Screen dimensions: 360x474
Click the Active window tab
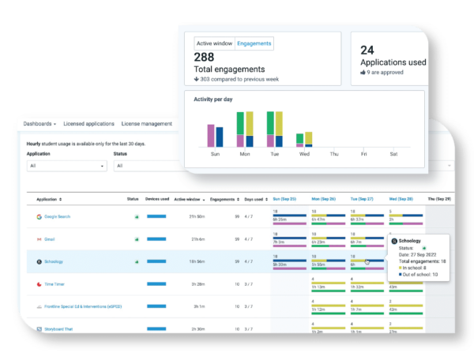(x=214, y=43)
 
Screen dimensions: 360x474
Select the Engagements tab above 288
(x=254, y=43)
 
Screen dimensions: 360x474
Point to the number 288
(x=205, y=58)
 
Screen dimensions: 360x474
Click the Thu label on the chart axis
(x=333, y=155)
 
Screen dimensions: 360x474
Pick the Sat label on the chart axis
(x=393, y=155)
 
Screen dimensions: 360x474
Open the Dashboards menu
(x=39, y=124)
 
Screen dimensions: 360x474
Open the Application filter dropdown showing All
(x=66, y=166)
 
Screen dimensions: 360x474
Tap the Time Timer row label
(x=55, y=283)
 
